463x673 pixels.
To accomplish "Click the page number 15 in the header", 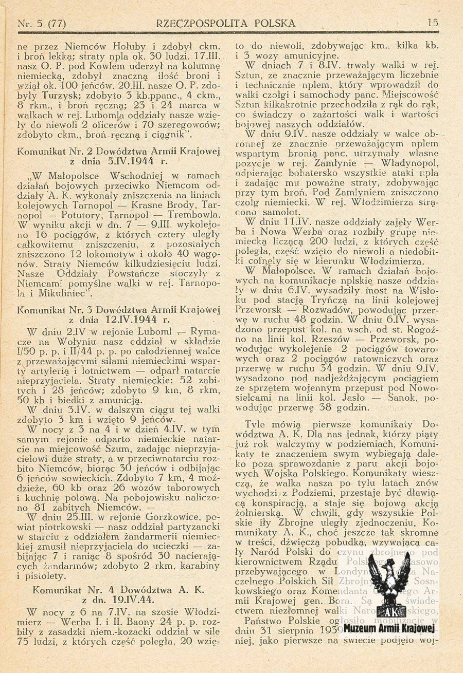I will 432,23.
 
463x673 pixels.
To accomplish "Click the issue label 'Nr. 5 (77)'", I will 42,23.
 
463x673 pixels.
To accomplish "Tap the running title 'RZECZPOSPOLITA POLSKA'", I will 226,23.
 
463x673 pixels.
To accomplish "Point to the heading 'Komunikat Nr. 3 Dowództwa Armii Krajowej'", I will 119,310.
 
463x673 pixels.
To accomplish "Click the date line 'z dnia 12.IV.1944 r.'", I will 119,319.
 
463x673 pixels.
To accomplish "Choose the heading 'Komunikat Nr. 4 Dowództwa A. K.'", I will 119,590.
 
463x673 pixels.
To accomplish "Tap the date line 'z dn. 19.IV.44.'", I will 119,600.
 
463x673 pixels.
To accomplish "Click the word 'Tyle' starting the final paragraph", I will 256,424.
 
